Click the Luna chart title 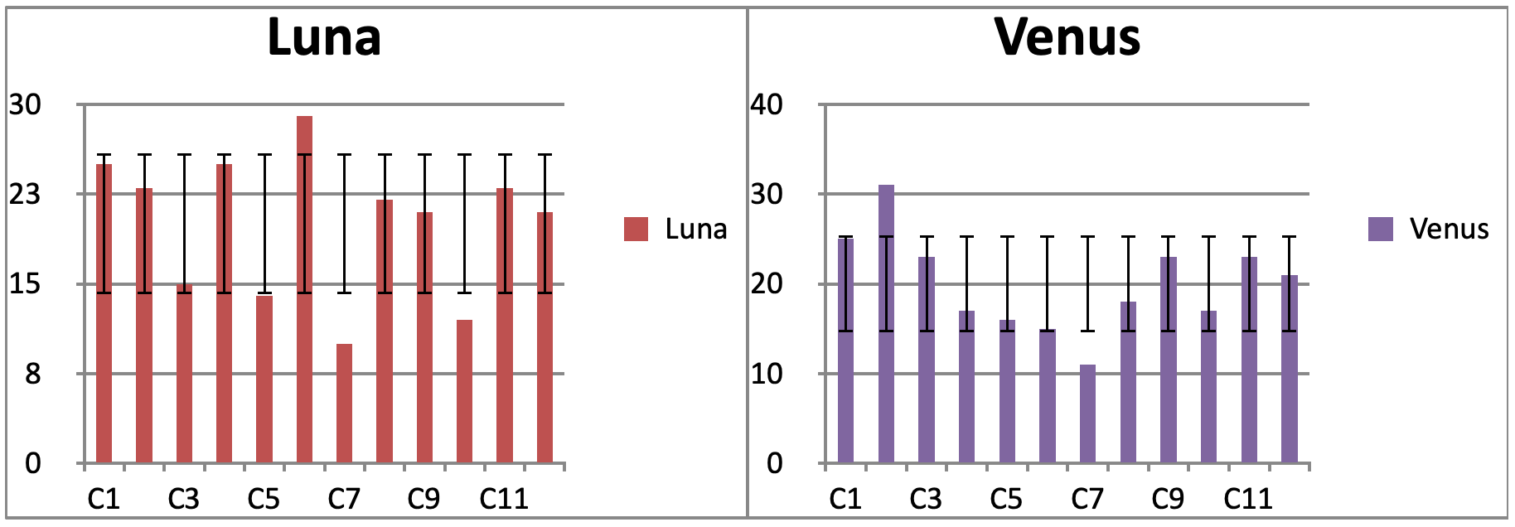[x=324, y=38]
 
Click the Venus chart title [x=1067, y=38]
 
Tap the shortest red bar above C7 [x=345, y=403]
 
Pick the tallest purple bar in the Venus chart [x=886, y=323]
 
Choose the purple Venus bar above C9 [x=1169, y=360]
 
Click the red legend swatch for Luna [x=636, y=230]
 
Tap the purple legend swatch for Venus [x=1380, y=230]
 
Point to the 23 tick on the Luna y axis [x=25, y=195]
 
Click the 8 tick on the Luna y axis [x=32, y=375]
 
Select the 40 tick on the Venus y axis [x=766, y=105]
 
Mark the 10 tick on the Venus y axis [x=766, y=375]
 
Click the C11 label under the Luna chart [x=504, y=500]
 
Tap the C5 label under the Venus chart [x=1006, y=500]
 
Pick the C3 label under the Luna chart [x=183, y=500]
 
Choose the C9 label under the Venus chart [x=1168, y=500]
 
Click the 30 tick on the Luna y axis [x=25, y=105]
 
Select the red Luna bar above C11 [x=505, y=325]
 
